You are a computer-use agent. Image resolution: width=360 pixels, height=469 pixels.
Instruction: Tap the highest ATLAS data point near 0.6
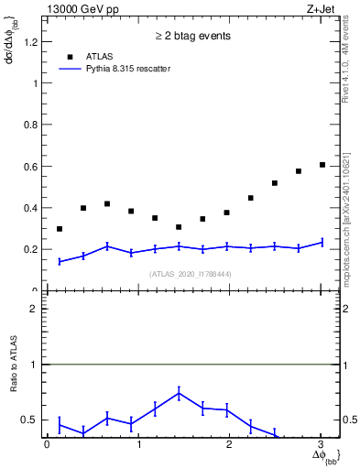tap(322, 165)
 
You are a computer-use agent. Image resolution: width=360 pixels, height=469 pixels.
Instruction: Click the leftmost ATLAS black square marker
tap(60, 229)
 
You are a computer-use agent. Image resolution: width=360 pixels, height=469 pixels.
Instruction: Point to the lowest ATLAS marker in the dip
tap(179, 227)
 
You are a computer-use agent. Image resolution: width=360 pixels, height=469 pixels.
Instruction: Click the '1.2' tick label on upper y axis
tap(32, 41)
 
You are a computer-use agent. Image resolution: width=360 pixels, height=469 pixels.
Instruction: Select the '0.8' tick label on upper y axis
tap(32, 125)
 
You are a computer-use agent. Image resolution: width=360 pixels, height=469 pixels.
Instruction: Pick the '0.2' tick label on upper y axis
tap(32, 249)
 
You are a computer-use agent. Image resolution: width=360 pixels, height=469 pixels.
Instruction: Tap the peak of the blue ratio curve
tap(179, 393)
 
